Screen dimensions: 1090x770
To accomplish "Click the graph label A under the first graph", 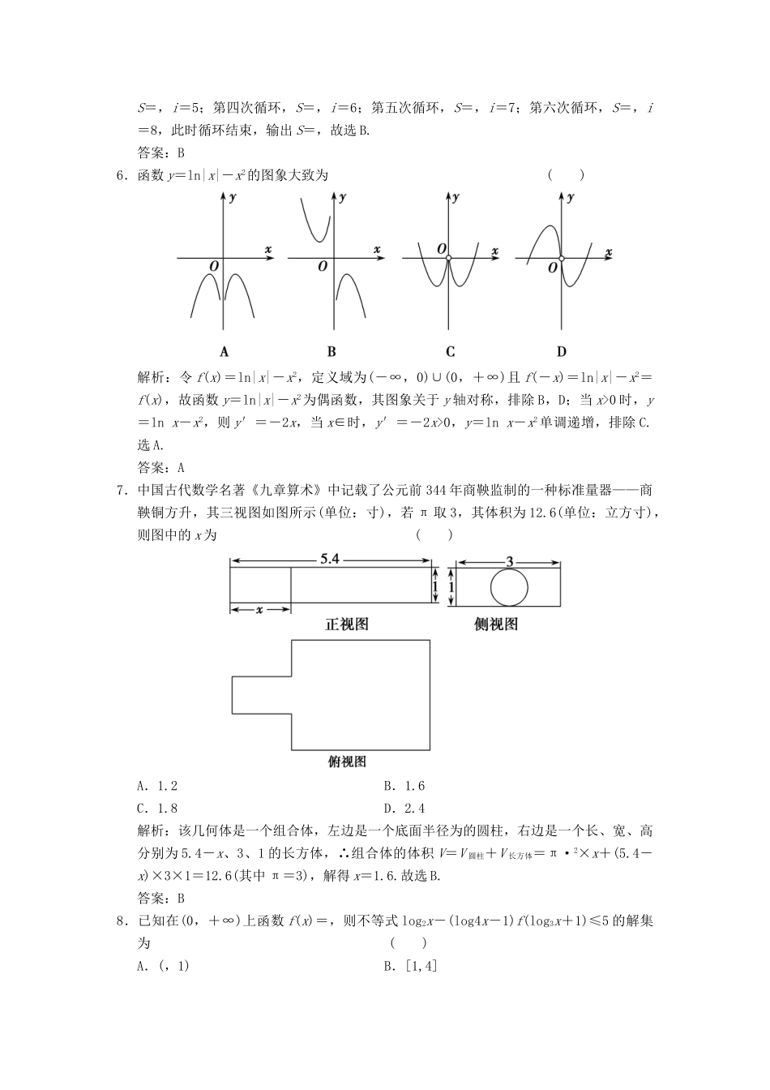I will coord(225,351).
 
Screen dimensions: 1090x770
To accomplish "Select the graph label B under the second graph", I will coord(332,351).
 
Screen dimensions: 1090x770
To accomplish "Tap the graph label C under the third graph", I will coord(450,351).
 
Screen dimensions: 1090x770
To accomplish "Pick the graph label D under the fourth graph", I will coord(561,351).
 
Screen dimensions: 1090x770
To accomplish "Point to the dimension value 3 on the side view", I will coord(509,560).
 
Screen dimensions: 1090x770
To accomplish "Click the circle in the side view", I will coord(509,586).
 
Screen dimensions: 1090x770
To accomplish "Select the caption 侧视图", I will coord(496,624).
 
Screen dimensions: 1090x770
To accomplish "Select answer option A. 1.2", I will coord(157,785).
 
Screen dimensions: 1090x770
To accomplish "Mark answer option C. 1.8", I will coord(157,808).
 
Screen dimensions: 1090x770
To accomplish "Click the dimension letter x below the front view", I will coord(259,609).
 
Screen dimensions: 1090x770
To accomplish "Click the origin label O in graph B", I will coord(323,266).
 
